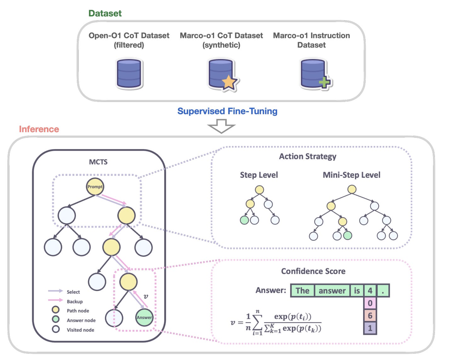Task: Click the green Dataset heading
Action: (105, 13)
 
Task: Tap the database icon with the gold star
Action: (223, 75)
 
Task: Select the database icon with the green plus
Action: (316, 74)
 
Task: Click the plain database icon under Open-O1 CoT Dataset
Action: (129, 74)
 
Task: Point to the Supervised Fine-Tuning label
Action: (227, 111)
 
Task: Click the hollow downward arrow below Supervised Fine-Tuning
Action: (221, 126)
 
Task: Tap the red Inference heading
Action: (39, 129)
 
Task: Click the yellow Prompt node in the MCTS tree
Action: (95, 187)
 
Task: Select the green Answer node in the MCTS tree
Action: (144, 318)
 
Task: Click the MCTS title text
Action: (98, 162)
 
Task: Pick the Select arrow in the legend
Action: (55, 291)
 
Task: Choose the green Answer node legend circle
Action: (56, 319)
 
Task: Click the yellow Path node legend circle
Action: (56, 310)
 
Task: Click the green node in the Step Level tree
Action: (244, 220)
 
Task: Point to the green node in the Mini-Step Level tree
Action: (348, 235)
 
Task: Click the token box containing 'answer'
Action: (332, 291)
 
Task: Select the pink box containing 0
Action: (370, 303)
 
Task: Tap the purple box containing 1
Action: (370, 328)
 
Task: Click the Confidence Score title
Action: (313, 271)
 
